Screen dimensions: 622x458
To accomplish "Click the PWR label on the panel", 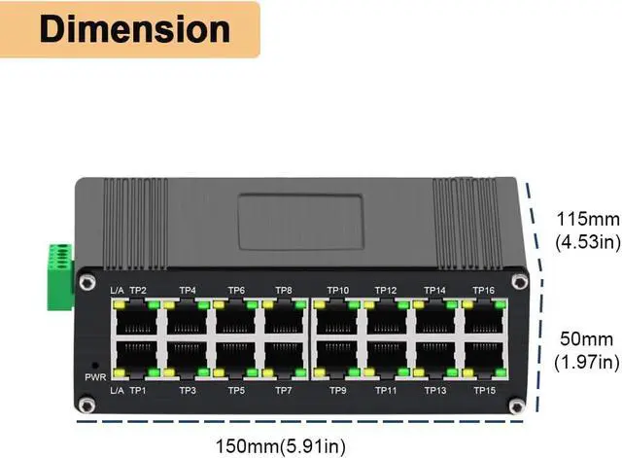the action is click(94, 376).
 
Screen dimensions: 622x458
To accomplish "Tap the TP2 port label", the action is click(138, 290).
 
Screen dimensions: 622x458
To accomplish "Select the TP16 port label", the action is click(483, 290).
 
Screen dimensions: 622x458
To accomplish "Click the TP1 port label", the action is click(138, 390).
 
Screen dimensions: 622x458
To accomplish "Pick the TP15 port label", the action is click(483, 390).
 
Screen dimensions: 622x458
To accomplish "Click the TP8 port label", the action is click(284, 290).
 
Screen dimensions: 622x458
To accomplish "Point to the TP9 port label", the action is click(337, 390).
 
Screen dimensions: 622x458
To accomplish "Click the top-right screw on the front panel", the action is click(521, 282).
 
